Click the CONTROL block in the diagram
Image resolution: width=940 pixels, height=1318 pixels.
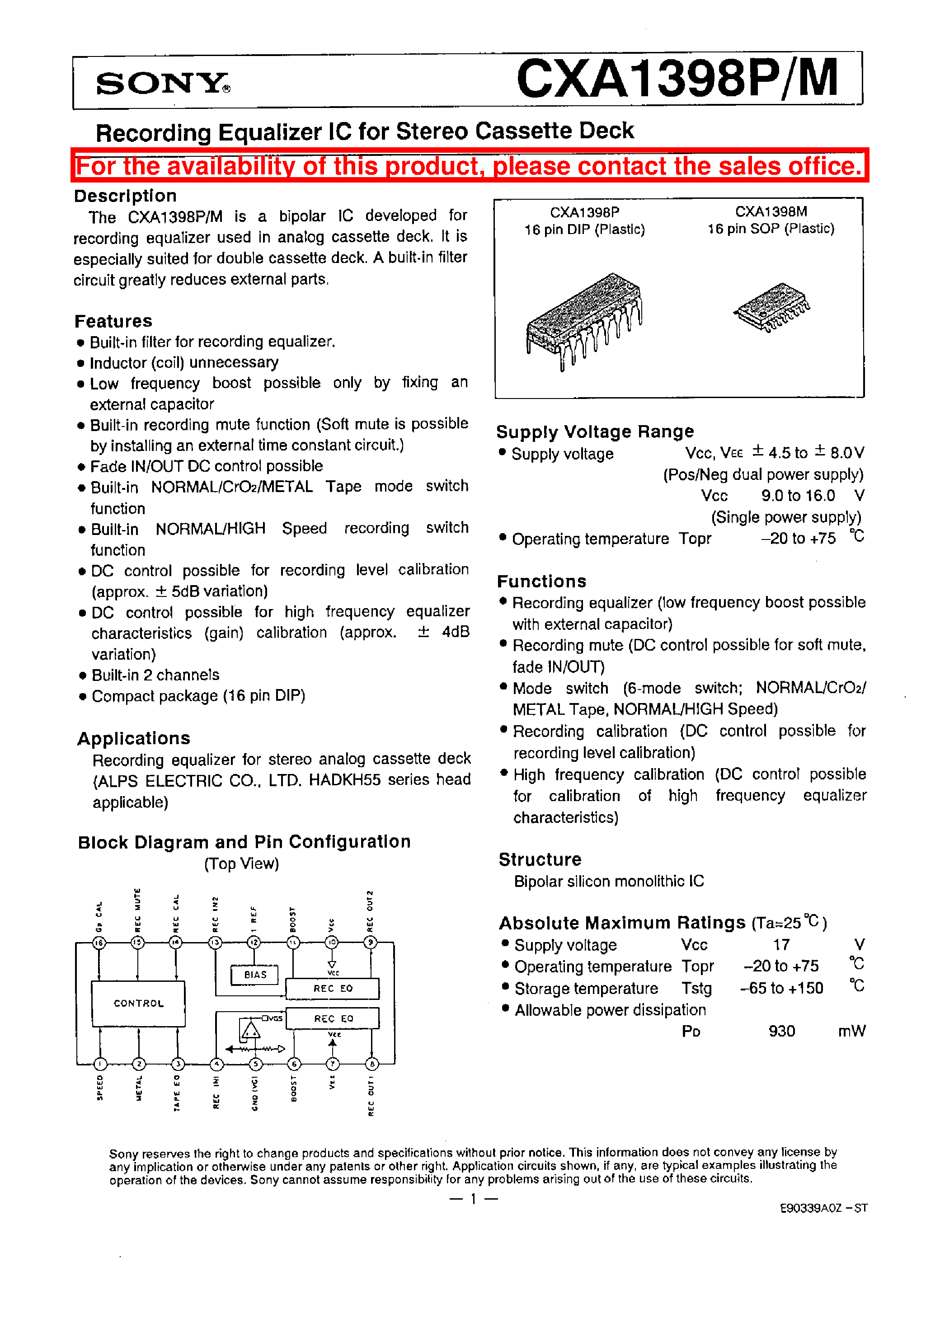(x=138, y=1003)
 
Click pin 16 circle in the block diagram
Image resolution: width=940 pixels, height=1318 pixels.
(x=99, y=943)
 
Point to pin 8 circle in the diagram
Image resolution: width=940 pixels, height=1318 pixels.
(x=371, y=1064)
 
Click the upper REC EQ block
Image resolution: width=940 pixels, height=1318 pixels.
(x=333, y=988)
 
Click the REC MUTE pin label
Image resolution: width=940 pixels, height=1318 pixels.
(x=138, y=911)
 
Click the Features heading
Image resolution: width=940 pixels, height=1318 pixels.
(x=113, y=321)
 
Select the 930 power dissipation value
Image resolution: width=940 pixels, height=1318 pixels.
(x=781, y=1031)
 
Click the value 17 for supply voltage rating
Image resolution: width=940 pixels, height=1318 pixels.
(x=781, y=945)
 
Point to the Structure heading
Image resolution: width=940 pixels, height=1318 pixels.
(x=540, y=859)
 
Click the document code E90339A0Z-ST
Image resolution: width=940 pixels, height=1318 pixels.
(x=823, y=1208)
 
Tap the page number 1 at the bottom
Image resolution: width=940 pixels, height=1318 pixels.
(x=473, y=1199)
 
